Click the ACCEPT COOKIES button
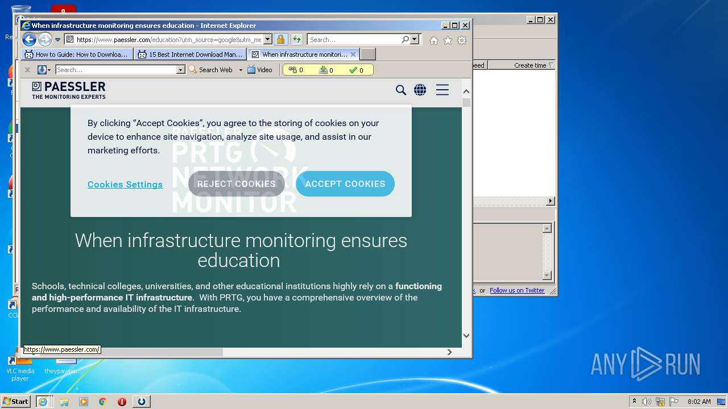345,184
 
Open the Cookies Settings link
125,185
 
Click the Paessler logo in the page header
69,90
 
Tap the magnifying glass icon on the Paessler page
401,90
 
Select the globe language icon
420,90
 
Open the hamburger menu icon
442,90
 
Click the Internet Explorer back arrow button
29,40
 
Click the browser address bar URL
168,40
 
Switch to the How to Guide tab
77,55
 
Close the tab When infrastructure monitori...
353,55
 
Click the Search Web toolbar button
211,70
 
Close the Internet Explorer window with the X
465,26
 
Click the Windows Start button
16,402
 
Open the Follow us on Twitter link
517,290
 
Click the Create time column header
530,65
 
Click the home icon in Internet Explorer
434,40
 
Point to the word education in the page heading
239,260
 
